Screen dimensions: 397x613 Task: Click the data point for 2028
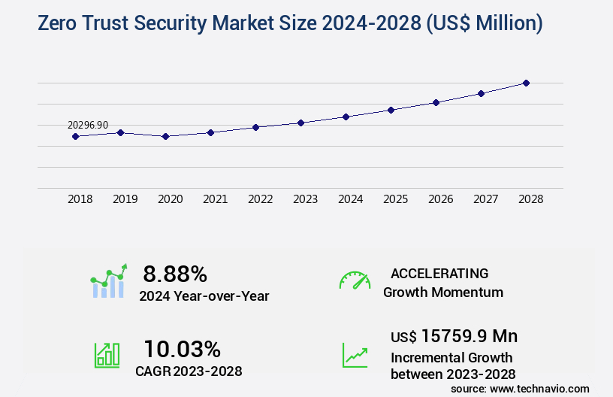click(526, 83)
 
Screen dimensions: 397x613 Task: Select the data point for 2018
click(75, 136)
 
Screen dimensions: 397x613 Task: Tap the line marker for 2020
click(165, 136)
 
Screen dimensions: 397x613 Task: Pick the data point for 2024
click(346, 117)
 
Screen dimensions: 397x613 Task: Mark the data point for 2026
click(436, 102)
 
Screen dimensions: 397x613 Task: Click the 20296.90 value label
click(87, 125)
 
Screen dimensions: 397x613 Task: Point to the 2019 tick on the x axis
click(125, 199)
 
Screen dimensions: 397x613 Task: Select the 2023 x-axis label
click(305, 199)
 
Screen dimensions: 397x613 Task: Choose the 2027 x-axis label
click(485, 199)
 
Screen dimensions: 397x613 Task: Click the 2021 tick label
click(215, 199)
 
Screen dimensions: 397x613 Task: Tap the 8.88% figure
click(175, 274)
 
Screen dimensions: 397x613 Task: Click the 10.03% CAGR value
click(182, 349)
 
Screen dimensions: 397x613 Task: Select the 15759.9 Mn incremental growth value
click(454, 335)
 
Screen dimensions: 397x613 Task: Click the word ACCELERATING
click(439, 274)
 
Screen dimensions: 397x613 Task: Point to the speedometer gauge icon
click(355, 280)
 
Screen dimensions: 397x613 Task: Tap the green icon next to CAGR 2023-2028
click(107, 355)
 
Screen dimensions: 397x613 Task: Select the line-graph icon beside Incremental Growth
click(355, 355)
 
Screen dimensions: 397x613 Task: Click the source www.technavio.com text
click(520, 388)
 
